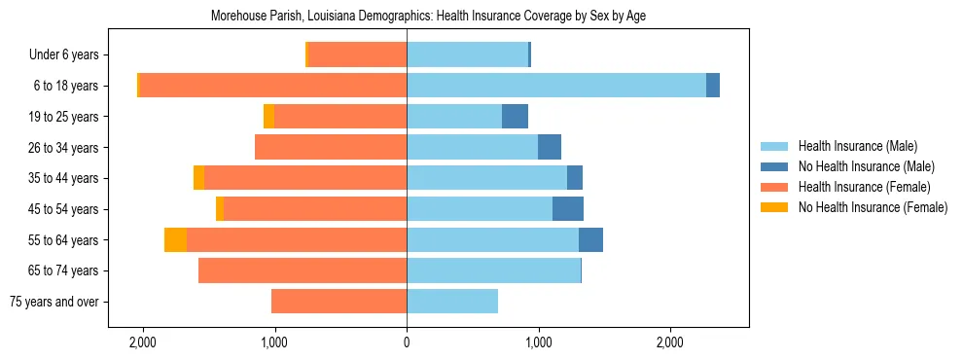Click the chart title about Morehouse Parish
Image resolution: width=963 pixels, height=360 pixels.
click(x=428, y=17)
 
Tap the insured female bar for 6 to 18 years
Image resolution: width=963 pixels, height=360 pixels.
click(x=272, y=86)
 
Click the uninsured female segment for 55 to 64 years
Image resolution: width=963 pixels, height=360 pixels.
click(x=175, y=240)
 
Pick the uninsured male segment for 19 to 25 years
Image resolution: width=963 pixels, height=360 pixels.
click(x=515, y=117)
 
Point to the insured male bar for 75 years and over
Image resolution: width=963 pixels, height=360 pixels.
click(x=452, y=302)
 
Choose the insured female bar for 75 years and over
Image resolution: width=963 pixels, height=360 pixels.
click(x=339, y=302)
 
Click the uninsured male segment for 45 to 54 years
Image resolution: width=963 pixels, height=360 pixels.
click(x=568, y=209)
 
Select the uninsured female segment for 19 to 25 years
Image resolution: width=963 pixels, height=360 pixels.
click(x=268, y=117)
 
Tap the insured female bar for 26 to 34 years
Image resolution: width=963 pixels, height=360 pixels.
click(x=331, y=147)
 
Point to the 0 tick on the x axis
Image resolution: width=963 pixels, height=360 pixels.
click(x=407, y=343)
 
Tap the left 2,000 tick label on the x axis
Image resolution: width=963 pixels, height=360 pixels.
click(x=143, y=343)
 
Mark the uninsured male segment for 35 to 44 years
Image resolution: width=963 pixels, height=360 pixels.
click(x=575, y=178)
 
